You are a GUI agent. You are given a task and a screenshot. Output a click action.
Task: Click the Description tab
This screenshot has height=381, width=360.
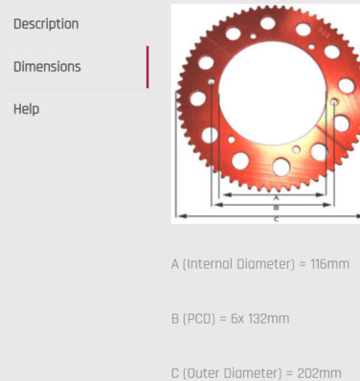click(x=46, y=24)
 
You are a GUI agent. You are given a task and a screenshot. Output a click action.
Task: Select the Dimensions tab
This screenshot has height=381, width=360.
click(x=47, y=67)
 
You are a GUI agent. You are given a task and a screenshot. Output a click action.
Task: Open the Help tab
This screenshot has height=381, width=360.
click(x=27, y=109)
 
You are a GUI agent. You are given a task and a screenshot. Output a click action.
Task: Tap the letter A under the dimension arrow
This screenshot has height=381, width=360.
click(x=277, y=198)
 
